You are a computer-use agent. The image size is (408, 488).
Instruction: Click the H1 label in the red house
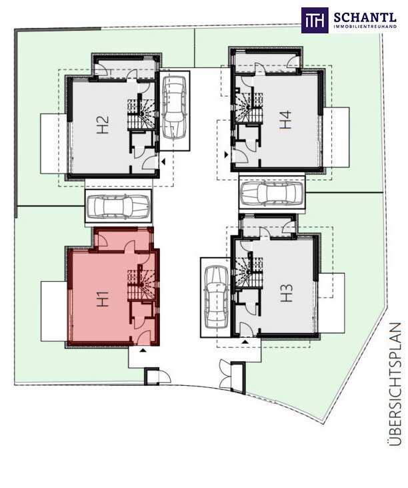pos(103,299)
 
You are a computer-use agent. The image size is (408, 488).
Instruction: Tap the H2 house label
pos(103,125)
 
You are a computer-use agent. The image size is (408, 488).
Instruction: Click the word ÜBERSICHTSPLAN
pos(395,384)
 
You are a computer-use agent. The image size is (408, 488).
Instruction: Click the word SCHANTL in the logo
pos(365,17)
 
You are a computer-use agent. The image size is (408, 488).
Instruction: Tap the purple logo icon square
pos(315,20)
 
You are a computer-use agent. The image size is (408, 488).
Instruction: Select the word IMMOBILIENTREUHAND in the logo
pos(365,27)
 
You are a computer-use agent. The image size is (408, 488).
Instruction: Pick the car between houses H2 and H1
pos(119,206)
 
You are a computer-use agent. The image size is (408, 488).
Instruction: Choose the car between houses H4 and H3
pos(272,194)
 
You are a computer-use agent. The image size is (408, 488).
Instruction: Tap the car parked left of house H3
pos(216,298)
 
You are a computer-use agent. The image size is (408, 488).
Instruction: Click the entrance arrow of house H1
pos(143,350)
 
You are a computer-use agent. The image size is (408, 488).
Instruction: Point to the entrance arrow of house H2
pos(163,162)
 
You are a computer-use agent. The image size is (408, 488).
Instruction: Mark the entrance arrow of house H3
pos(245,342)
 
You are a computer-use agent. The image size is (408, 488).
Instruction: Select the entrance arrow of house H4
pos(227,154)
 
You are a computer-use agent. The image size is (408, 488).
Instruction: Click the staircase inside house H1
pos(141,282)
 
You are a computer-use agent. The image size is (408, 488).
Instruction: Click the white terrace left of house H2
pos(55,144)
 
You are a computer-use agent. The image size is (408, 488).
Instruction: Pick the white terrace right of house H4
pos(336,137)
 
